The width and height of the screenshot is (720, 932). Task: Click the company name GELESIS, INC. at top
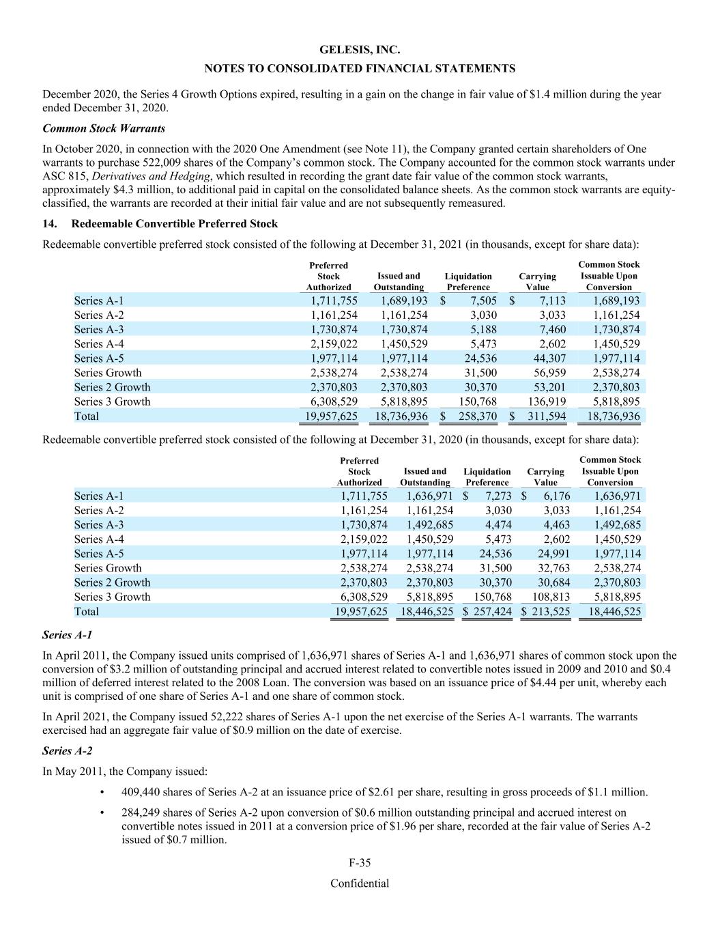click(360, 50)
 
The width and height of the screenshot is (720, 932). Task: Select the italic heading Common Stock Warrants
click(104, 128)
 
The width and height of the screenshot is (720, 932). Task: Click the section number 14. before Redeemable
click(51, 223)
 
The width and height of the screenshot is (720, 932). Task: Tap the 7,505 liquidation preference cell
click(482, 300)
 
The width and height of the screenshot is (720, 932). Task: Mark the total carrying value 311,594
click(545, 416)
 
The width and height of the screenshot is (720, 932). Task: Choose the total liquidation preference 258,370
click(476, 416)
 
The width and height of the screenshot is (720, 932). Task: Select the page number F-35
click(360, 863)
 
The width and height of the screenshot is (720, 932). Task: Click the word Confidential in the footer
click(360, 884)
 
